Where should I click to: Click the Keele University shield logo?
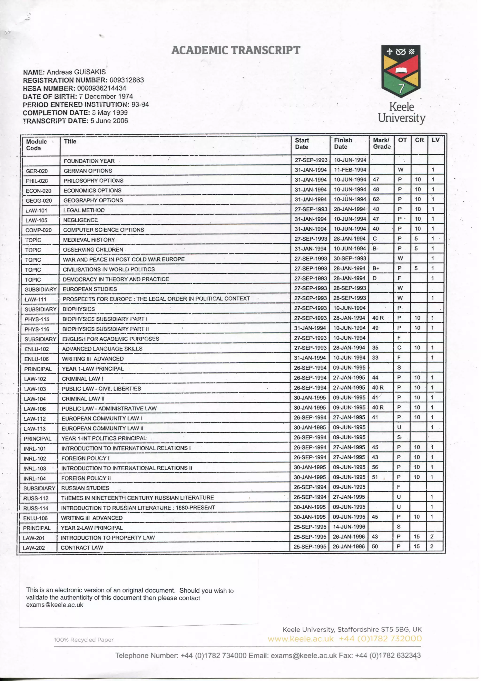pos(401,71)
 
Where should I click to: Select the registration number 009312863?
pos(127,80)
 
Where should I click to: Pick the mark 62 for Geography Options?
pos(376,199)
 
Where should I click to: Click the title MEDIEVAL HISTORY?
pos(89,240)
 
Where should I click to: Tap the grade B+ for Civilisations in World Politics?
pos(376,268)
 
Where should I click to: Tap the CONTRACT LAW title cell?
pos(82,548)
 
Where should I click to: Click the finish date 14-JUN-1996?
pos(349,527)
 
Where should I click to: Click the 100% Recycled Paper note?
pos(84,640)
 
